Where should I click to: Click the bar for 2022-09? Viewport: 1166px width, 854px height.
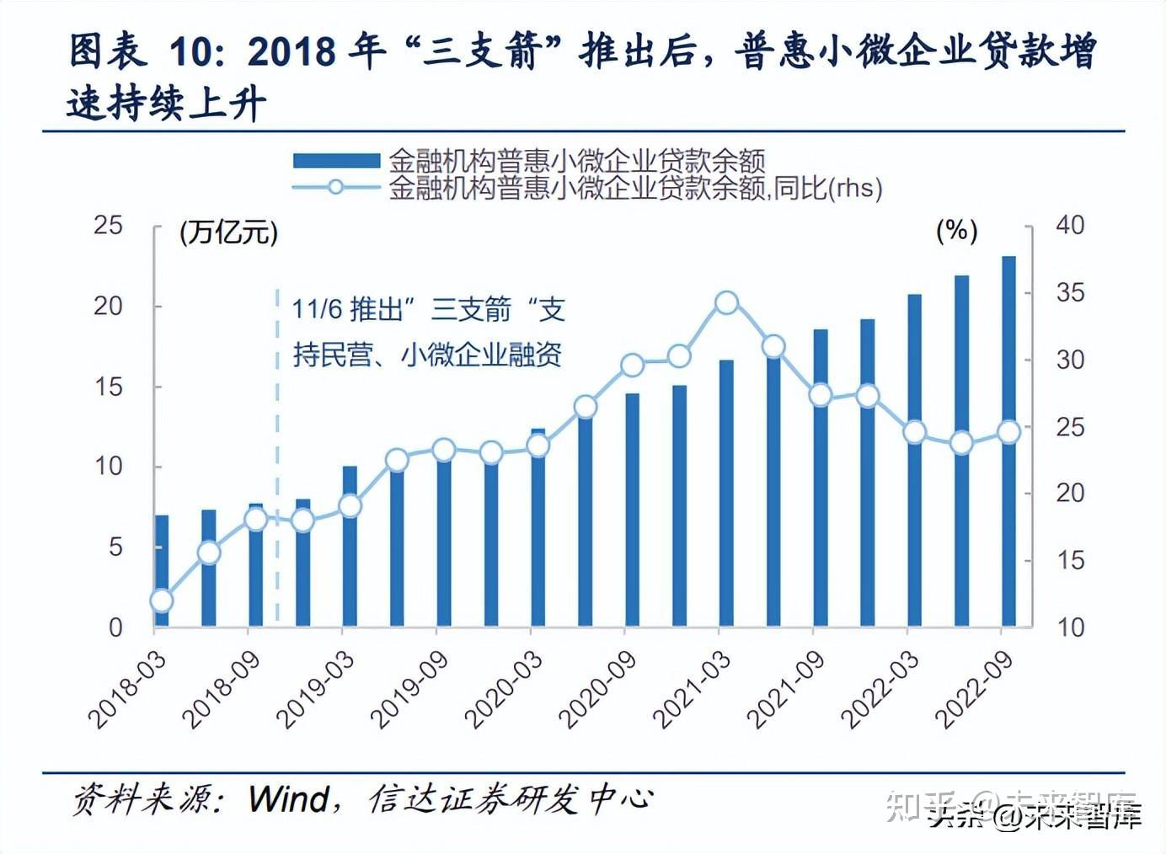click(1008, 522)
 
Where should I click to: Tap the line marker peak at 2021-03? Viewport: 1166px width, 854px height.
click(726, 303)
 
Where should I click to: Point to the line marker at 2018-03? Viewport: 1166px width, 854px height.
click(162, 600)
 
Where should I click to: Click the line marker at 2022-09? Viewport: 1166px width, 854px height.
click(1008, 432)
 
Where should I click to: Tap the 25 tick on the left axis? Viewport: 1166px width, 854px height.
click(108, 226)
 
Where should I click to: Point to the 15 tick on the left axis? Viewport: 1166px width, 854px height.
click(108, 387)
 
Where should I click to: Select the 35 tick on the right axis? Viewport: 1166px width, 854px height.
click(1070, 293)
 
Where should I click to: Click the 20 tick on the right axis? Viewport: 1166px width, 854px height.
click(1070, 494)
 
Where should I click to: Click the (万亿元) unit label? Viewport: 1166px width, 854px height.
click(228, 232)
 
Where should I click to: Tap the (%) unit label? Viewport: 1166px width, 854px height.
click(956, 231)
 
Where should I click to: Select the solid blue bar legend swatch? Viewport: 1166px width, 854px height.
click(335, 160)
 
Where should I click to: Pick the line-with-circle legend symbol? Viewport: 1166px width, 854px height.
click(335, 187)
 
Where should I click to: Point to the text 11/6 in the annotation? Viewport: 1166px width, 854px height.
click(317, 310)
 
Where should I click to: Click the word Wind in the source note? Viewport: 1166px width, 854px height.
click(289, 798)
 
